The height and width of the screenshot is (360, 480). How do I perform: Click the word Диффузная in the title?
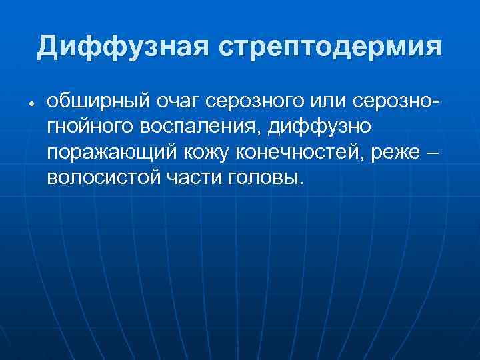[123, 48]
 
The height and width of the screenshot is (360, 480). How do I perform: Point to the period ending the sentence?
[300, 183]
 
